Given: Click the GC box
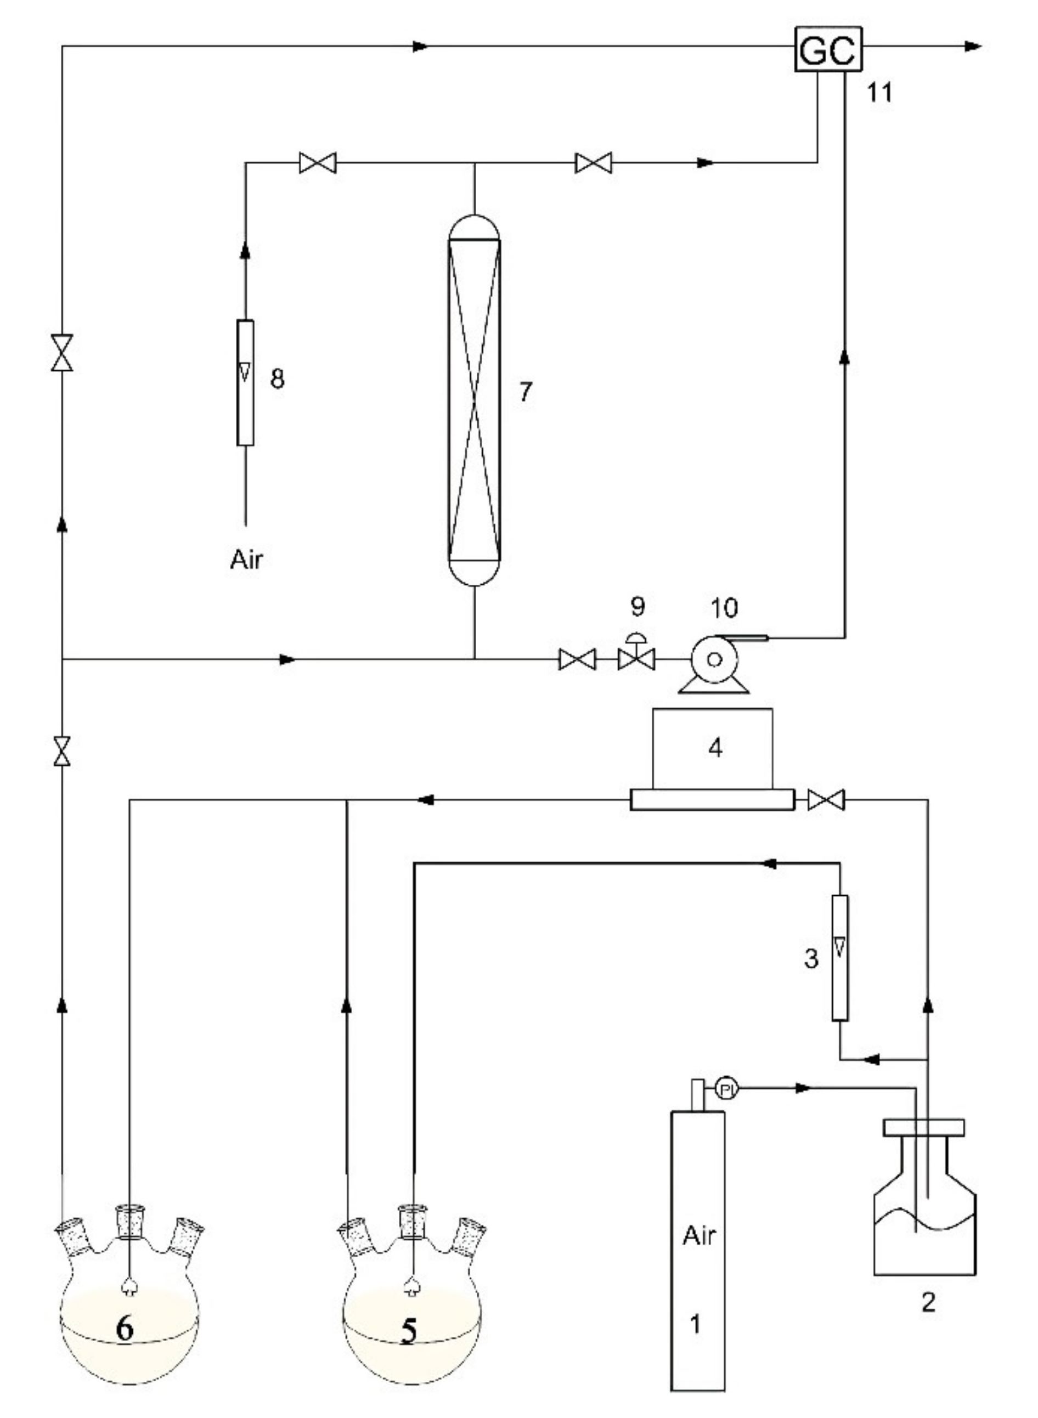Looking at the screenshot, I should coord(828,49).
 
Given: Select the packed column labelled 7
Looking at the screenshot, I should coord(475,400).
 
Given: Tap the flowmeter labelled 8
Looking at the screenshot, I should coord(245,383).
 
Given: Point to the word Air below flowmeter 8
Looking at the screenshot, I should coord(246,559).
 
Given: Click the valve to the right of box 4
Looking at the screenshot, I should coord(826,800).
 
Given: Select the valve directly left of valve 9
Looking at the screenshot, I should coord(577,660).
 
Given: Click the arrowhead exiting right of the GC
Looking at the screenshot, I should coord(973,47).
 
